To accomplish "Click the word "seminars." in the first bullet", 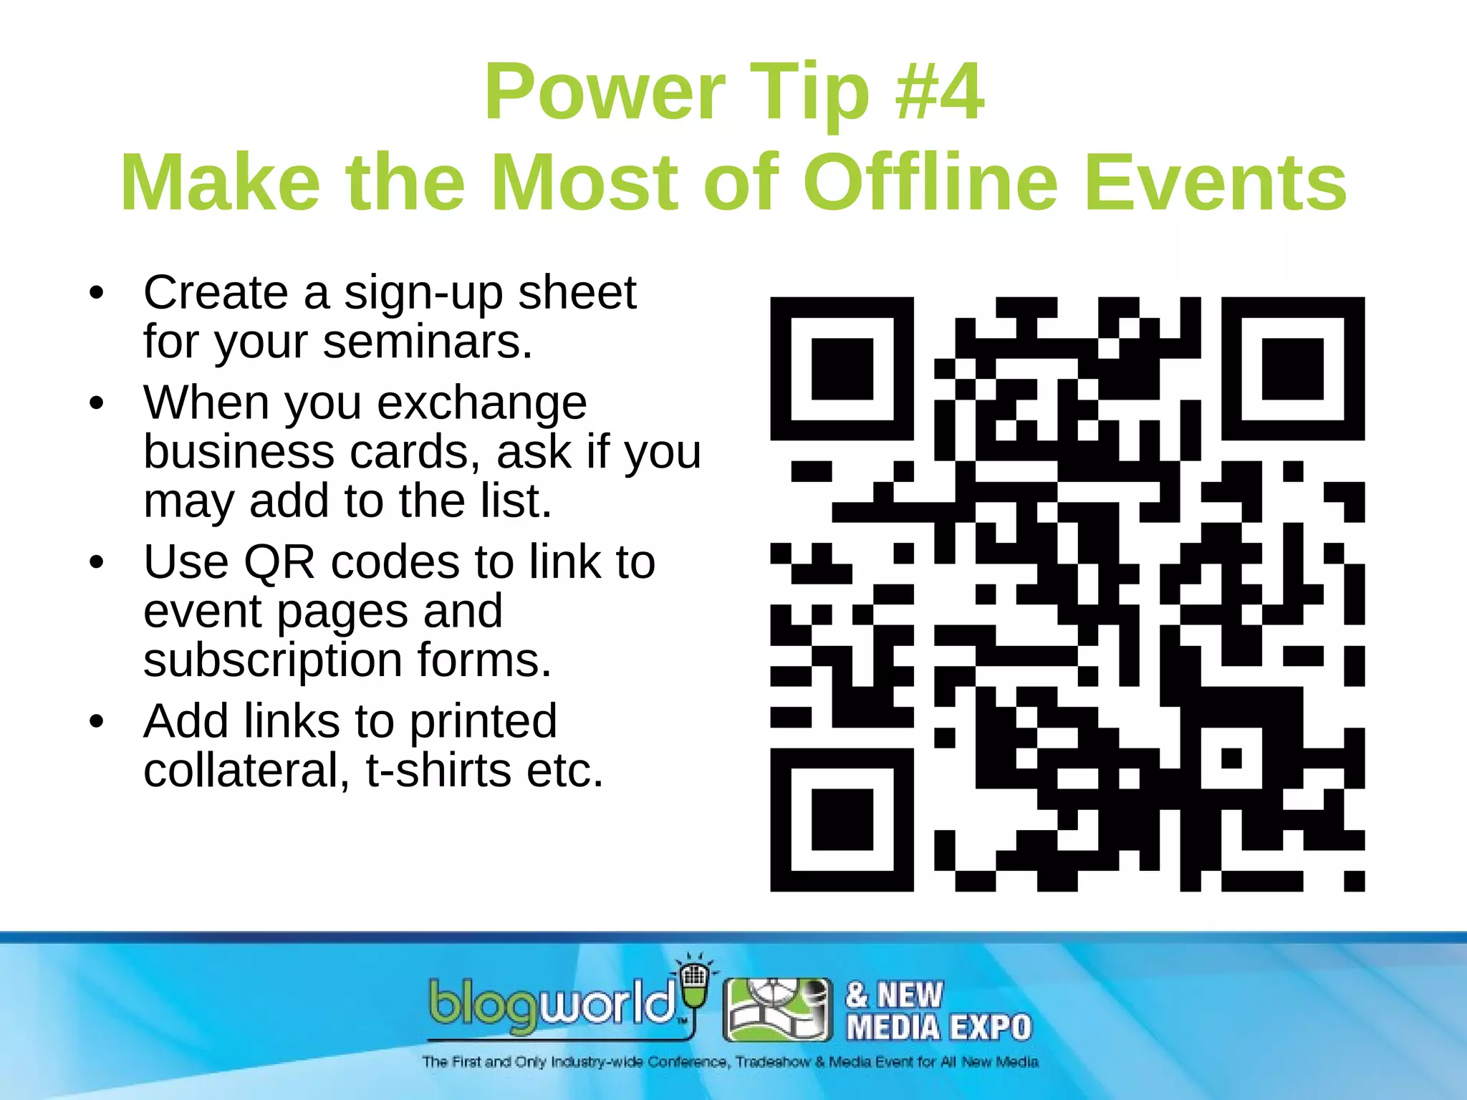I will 428,342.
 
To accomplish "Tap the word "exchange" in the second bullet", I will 482,403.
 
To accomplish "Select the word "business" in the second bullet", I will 239,452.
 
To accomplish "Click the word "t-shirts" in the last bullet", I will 438,771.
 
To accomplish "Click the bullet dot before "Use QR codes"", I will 97,563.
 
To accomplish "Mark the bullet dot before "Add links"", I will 97,722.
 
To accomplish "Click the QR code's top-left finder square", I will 842,368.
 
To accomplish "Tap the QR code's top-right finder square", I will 1292,368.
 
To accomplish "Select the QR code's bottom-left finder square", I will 842,819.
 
